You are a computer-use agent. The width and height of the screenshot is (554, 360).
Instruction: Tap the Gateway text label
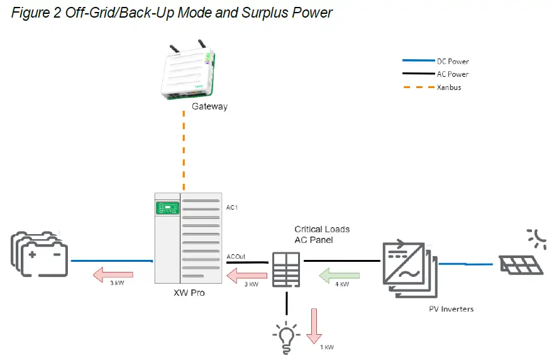point(210,107)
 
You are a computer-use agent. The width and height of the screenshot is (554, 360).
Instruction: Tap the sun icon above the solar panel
point(537,238)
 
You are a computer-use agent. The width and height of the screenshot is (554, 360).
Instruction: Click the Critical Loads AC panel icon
point(287,269)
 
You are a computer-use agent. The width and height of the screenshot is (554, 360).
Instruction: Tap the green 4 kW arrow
point(339,275)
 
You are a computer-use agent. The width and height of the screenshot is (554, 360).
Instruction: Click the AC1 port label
point(232,206)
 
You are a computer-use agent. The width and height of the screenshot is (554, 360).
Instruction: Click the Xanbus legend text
point(449,87)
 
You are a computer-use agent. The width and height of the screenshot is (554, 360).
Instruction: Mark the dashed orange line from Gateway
point(184,151)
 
